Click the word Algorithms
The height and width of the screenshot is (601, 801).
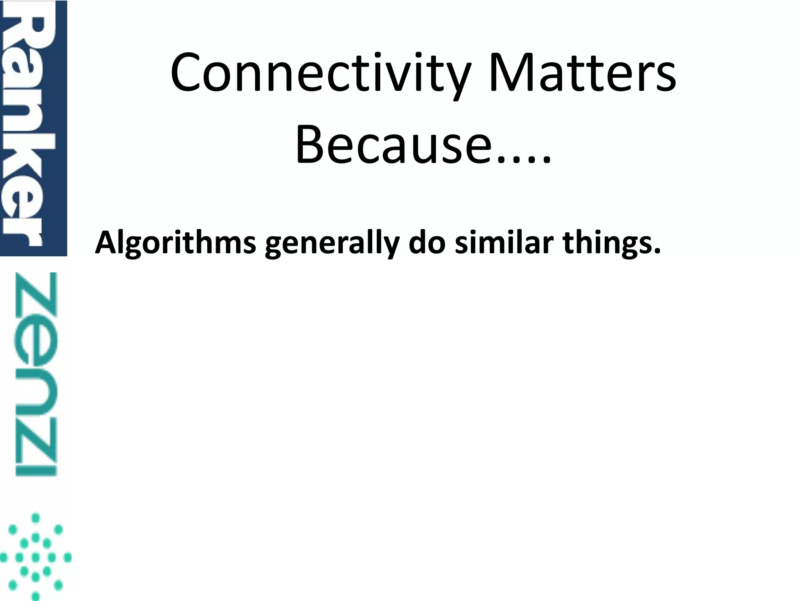click(x=175, y=243)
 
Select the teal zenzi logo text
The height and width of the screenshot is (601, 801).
click(x=36, y=374)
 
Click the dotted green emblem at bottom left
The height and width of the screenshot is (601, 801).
click(x=35, y=557)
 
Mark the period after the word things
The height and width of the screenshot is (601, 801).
click(x=657, y=250)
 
